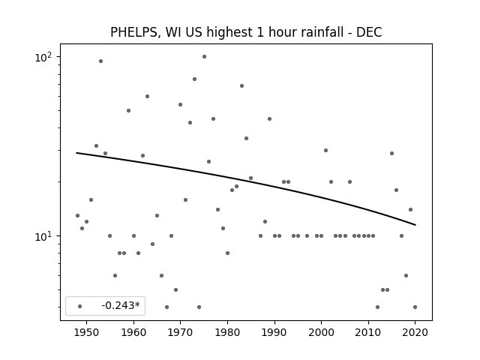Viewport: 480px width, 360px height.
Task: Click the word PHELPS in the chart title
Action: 133,32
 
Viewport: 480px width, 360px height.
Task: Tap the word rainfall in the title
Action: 326,32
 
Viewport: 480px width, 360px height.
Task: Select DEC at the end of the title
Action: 369,32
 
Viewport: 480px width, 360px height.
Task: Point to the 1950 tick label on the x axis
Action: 87,332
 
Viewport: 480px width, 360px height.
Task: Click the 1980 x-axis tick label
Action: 227,332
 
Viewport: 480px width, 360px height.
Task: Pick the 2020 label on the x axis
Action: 415,332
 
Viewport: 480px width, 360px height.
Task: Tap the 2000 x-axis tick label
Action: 322,332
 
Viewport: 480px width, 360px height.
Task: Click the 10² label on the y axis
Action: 43,57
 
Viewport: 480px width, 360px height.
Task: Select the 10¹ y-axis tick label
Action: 43,236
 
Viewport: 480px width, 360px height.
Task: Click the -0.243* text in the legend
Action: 121,305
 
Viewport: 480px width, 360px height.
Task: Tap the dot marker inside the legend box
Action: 80,307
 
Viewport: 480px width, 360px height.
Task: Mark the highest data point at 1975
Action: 204,57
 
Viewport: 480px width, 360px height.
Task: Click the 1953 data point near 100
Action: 100,61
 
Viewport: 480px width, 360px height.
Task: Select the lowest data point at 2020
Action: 415,307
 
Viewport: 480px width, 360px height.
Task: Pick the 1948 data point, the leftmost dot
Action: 77,215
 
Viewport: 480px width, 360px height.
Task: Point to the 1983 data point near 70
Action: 241,86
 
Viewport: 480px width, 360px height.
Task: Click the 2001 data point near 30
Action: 325,150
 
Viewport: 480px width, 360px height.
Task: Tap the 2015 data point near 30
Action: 391,153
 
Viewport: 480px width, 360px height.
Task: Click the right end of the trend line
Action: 415,225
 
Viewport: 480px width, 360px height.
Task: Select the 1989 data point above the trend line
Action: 269,118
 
